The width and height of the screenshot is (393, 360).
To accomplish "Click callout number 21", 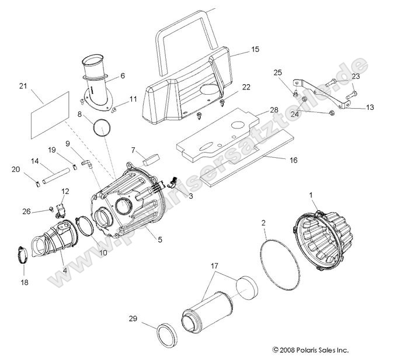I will [x=23, y=86].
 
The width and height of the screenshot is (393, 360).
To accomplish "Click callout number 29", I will [x=133, y=319].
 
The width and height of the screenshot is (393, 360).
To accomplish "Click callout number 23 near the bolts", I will [x=356, y=77].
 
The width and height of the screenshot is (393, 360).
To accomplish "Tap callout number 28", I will [x=257, y=110].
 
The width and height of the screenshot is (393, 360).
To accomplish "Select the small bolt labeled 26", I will [x=51, y=209].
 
